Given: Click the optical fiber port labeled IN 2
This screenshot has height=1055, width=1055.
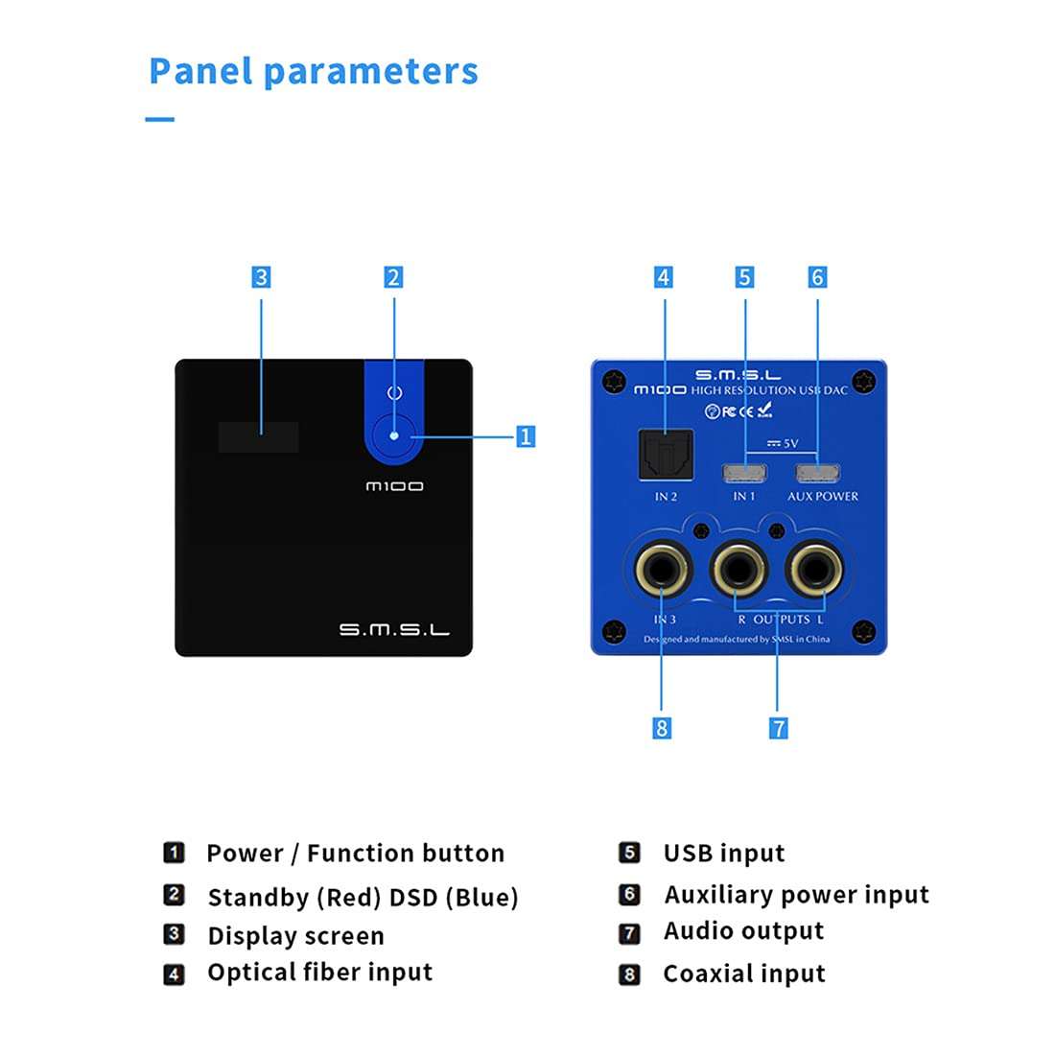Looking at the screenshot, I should tap(666, 455).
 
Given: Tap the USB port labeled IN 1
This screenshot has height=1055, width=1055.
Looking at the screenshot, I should tap(744, 474).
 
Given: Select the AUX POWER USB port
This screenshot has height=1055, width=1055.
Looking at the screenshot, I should tap(817, 474).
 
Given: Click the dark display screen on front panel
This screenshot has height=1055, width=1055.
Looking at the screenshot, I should tap(258, 437).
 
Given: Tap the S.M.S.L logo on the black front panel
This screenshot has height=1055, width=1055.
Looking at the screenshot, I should tap(393, 629).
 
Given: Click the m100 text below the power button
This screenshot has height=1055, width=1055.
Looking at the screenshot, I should tap(394, 486).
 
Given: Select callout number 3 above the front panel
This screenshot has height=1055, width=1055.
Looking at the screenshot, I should tap(261, 277).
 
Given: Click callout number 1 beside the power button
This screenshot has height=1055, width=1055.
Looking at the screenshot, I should tap(526, 436).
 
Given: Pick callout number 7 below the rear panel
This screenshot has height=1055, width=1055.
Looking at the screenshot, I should tap(778, 728).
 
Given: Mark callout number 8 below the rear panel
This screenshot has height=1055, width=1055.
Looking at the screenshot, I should tap(661, 728).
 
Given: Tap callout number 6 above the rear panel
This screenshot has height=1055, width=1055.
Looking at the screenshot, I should tap(817, 277).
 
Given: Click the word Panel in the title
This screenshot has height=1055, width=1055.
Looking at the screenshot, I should tap(201, 72).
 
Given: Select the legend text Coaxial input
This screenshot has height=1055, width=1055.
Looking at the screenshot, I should tap(744, 973).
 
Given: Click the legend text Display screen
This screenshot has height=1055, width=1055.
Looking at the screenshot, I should tap(295, 935).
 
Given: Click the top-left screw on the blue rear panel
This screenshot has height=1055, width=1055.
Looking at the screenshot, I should tap(614, 382).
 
